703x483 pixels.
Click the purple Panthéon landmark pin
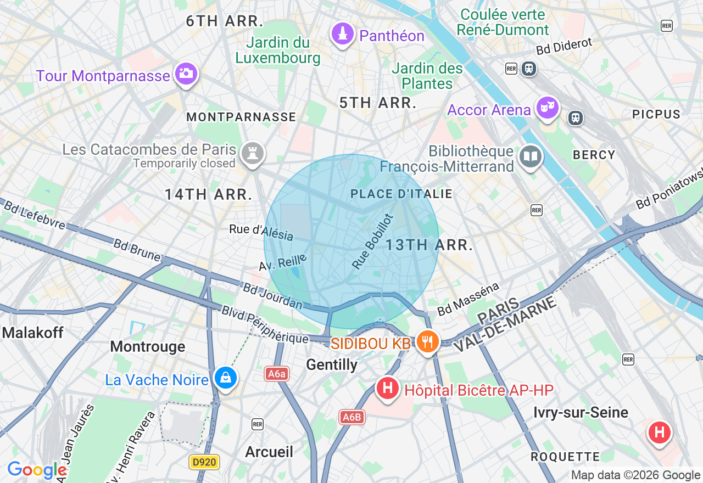pyautogui.click(x=343, y=35)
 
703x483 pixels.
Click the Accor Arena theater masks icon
pyautogui.click(x=547, y=108)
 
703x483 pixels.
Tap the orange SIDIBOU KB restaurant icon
pyautogui.click(x=427, y=342)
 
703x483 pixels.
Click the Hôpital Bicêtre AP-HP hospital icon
pyautogui.click(x=387, y=389)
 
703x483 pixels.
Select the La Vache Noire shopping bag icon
pyautogui.click(x=225, y=378)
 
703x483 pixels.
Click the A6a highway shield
pyautogui.click(x=277, y=374)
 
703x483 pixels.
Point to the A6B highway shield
pyautogui.click(x=351, y=417)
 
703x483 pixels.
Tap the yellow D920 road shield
pyautogui.click(x=204, y=462)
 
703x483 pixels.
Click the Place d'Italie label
pyautogui.click(x=401, y=194)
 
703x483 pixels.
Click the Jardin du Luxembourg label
pyautogui.click(x=278, y=50)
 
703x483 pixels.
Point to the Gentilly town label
pyautogui.click(x=332, y=365)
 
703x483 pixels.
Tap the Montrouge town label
pyautogui.click(x=148, y=347)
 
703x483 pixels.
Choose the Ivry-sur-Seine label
pyautogui.click(x=581, y=413)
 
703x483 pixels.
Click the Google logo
pyautogui.click(x=37, y=470)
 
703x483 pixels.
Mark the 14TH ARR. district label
pyautogui.click(x=209, y=194)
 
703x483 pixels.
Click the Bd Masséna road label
pyautogui.click(x=468, y=299)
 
